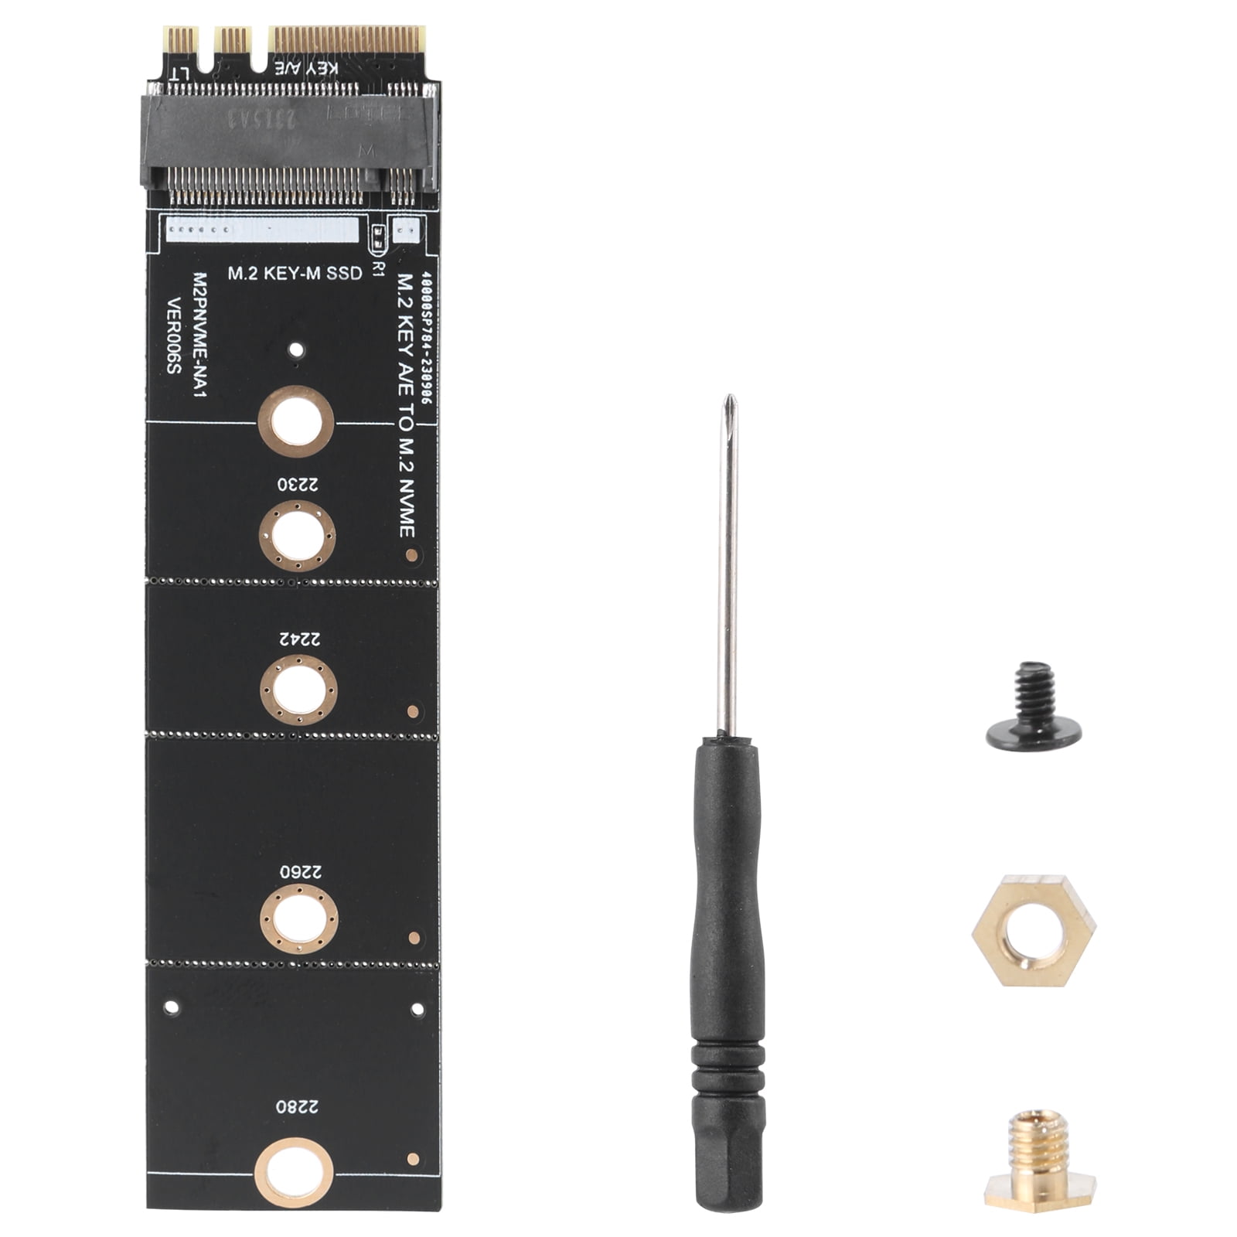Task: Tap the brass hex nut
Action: point(1034,930)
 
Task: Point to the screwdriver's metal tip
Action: point(728,410)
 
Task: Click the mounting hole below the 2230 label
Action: point(297,536)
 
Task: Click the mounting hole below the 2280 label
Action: point(294,1172)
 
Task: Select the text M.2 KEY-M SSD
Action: point(294,273)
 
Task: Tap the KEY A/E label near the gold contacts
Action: point(308,67)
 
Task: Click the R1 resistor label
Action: point(378,268)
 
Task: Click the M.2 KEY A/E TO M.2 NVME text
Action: point(406,406)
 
